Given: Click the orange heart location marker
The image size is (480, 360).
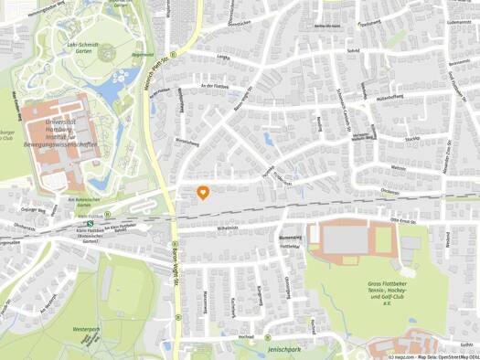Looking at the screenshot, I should [203, 192].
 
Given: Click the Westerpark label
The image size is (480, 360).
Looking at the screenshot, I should [86, 327].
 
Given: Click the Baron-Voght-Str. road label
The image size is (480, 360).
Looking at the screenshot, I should [175, 265].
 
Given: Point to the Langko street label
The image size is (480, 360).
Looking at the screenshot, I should [222, 57].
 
